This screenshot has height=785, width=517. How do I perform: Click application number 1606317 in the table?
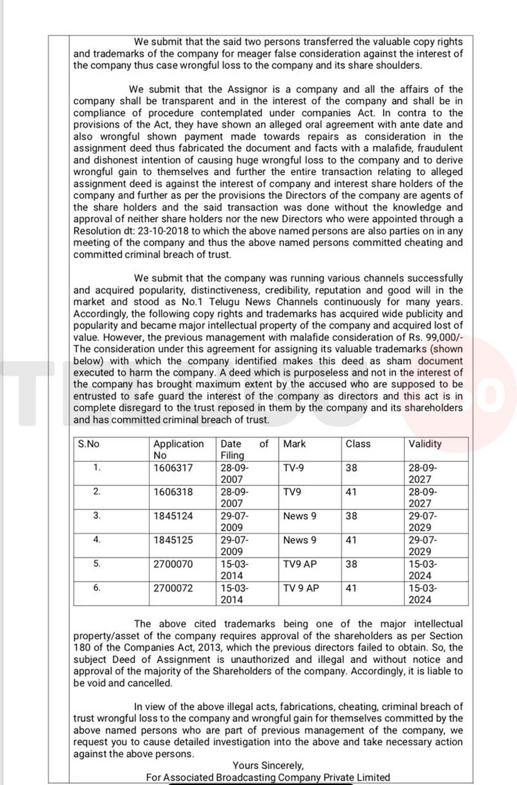pyautogui.click(x=173, y=468)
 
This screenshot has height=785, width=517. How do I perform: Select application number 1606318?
pyautogui.click(x=173, y=492)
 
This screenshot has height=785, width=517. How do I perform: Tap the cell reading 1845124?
pyautogui.click(x=173, y=516)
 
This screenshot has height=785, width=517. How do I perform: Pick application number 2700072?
pyautogui.click(x=173, y=588)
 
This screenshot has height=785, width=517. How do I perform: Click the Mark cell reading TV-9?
pyautogui.click(x=295, y=468)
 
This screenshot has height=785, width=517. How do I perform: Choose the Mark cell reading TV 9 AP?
pyautogui.click(x=301, y=588)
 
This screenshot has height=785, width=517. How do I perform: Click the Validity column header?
pyautogui.click(x=425, y=443)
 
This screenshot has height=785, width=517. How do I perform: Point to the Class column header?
pyautogui.click(x=358, y=443)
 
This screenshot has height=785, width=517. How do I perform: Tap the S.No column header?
pyautogui.click(x=89, y=443)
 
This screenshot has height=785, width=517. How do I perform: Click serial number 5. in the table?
pyautogui.click(x=97, y=564)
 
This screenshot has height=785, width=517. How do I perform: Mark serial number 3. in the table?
pyautogui.click(x=97, y=515)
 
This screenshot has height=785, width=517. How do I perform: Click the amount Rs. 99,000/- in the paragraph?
pyautogui.click(x=434, y=338)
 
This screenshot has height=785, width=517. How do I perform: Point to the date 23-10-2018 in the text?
pyautogui.click(x=158, y=230)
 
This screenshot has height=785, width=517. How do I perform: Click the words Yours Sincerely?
pyautogui.click(x=268, y=766)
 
